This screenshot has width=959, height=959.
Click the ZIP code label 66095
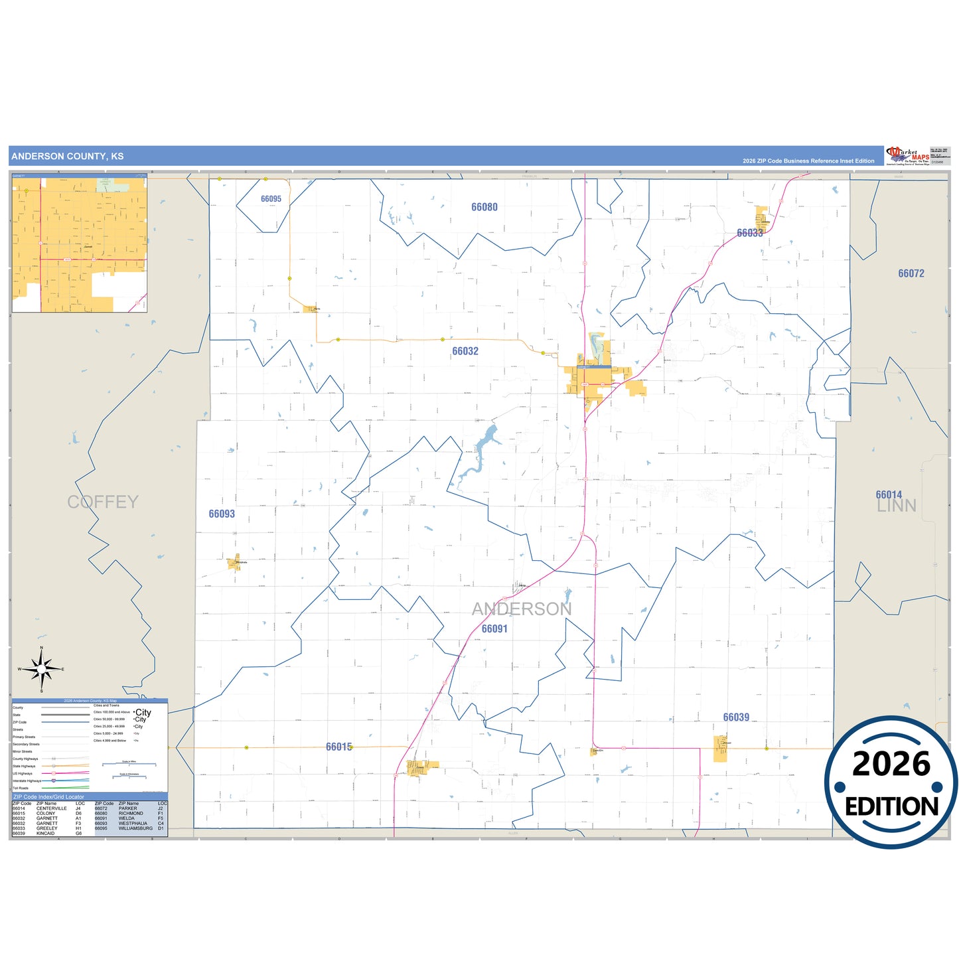[x=271, y=199]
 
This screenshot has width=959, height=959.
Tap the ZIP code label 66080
[x=484, y=207]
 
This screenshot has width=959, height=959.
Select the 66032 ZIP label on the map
[x=465, y=351]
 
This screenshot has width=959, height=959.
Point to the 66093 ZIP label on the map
[x=222, y=514]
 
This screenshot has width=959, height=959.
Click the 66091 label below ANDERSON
[x=494, y=628]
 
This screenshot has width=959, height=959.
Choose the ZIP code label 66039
[x=736, y=717]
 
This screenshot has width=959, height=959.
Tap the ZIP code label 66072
[x=911, y=273]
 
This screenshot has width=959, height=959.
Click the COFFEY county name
[x=103, y=502]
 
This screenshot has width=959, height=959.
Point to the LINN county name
[x=897, y=506]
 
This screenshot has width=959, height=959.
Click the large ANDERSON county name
[x=522, y=609]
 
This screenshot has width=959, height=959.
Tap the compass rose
[x=42, y=670]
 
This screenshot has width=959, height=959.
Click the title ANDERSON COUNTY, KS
[x=67, y=157]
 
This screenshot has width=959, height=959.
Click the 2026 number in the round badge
[x=891, y=764]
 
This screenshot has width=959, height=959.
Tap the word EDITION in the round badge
[x=891, y=806]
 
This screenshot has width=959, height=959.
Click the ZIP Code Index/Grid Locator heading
[x=48, y=796]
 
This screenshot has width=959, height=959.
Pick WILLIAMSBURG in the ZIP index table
[x=135, y=828]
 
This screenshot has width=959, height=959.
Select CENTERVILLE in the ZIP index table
[x=51, y=808]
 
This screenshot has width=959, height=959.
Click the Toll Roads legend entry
[x=21, y=788]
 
